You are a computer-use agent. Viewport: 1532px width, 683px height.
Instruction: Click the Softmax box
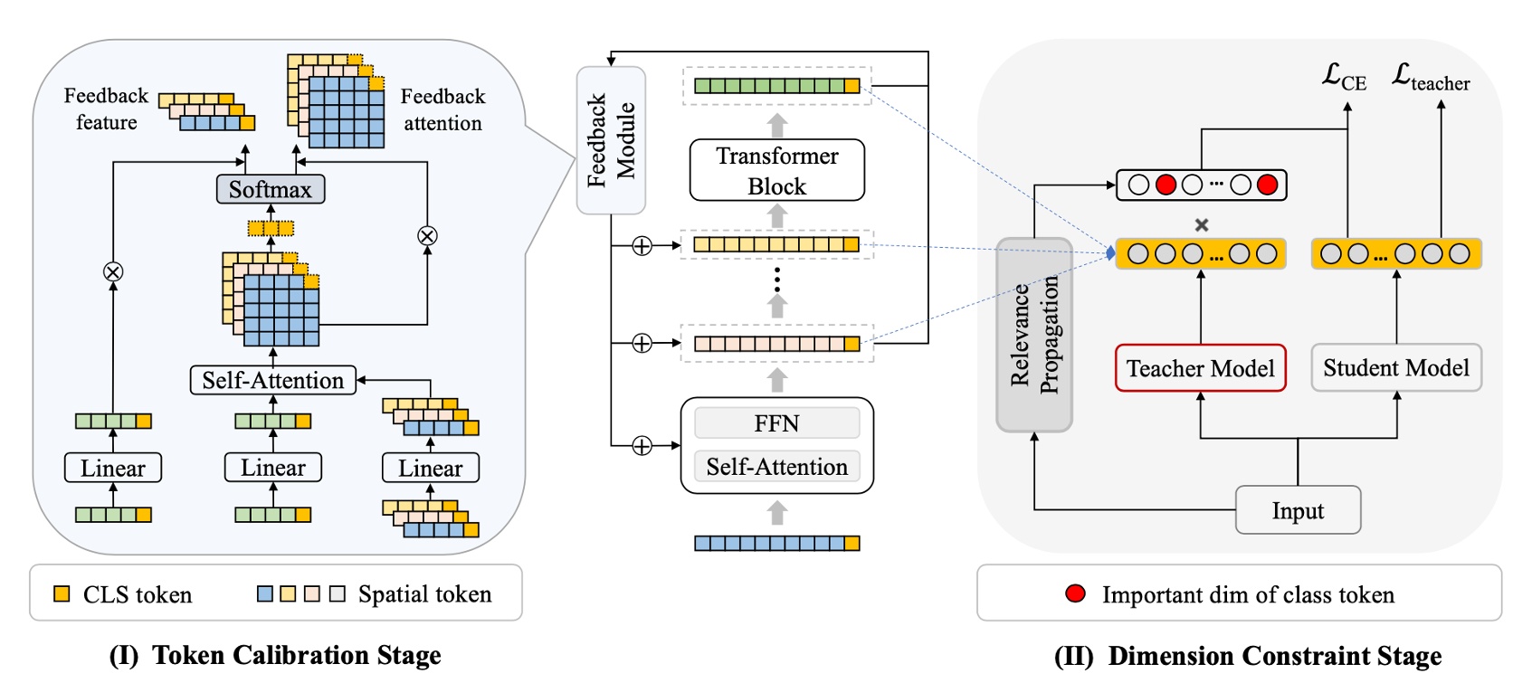coord(270,189)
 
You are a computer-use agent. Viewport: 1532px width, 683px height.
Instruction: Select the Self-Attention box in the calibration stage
coord(272,380)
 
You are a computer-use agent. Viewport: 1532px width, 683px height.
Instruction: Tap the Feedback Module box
coord(611,140)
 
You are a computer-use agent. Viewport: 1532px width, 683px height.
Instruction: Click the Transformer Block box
coord(776,170)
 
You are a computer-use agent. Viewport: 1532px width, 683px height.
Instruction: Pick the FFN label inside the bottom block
coord(776,423)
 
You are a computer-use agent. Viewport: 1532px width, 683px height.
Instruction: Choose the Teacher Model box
coord(1200,368)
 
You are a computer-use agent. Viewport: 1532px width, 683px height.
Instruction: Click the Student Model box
coord(1395,367)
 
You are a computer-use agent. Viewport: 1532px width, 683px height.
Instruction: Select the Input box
coord(1298,510)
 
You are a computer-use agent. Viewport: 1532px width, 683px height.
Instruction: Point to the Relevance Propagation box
coord(1033,335)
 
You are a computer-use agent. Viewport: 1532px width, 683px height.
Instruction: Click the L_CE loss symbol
coord(1344,77)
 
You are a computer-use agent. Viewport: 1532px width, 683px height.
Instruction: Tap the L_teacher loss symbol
coord(1430,77)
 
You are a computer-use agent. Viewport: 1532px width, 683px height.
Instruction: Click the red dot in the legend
coord(1075,593)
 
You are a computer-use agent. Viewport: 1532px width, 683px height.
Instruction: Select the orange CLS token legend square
coord(62,593)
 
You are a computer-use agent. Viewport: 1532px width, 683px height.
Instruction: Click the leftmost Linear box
coord(113,468)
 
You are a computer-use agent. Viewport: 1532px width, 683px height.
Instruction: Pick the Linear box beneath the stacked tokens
coord(430,468)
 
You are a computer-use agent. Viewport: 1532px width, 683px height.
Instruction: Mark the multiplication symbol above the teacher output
coord(1202,224)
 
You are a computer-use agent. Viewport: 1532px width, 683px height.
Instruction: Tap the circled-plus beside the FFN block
coord(642,446)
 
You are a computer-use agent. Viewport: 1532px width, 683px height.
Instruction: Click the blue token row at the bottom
coord(776,543)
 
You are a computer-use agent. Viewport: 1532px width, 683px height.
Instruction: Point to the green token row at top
coord(776,86)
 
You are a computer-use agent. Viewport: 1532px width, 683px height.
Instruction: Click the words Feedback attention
coord(442,109)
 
